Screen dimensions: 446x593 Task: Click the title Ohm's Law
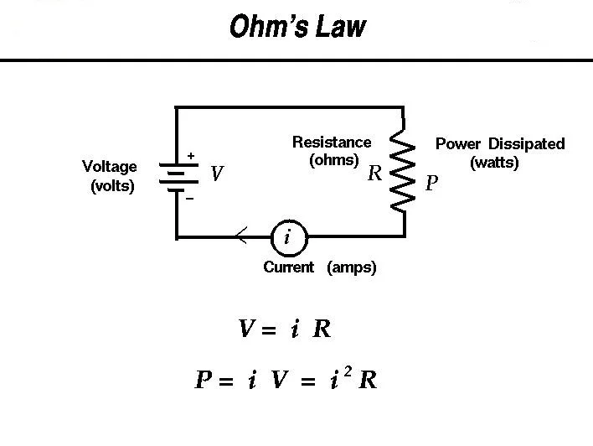[297, 27]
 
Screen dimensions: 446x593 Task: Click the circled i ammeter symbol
[287, 238]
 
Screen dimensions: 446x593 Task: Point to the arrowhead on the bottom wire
[240, 237]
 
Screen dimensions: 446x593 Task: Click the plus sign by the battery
[191, 156]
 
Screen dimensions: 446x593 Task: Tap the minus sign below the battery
[189, 199]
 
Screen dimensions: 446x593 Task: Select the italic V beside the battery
[217, 174]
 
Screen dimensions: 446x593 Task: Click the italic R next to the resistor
[374, 174]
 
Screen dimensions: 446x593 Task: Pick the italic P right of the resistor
[431, 184]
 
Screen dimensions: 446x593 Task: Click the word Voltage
[110, 167]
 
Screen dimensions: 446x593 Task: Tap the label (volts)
[112, 186]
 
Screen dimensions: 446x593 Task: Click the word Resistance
[331, 142]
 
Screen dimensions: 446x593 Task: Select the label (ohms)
[334, 160]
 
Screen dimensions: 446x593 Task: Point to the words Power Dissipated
[500, 144]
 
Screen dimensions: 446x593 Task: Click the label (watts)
[494, 163]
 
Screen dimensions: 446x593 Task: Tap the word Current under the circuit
[288, 267]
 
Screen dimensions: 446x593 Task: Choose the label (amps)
[352, 267]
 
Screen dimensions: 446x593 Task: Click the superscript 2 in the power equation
[348, 369]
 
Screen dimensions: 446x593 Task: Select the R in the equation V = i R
[322, 329]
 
